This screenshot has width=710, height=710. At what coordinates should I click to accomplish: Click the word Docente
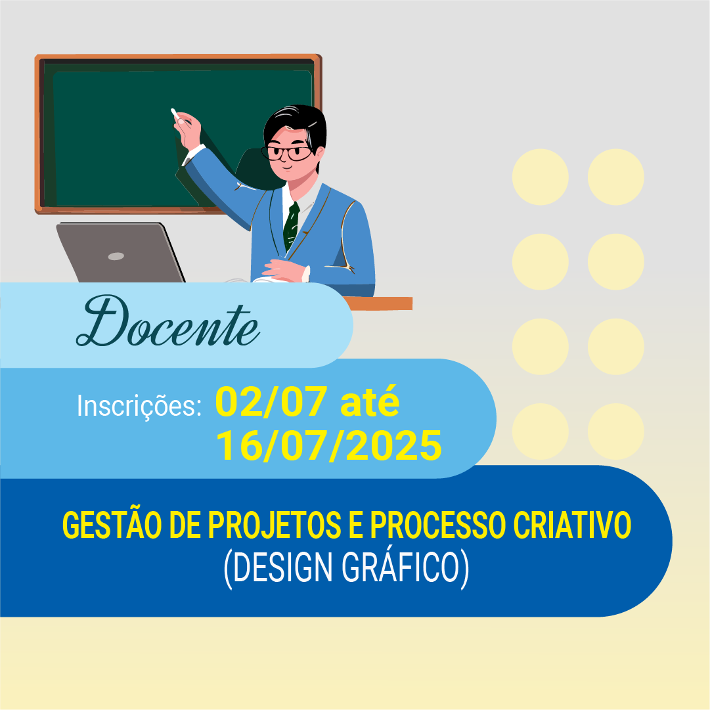[x=168, y=321]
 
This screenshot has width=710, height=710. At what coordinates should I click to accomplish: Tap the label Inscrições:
[x=139, y=405]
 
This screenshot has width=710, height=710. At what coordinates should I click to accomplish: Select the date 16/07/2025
[x=329, y=446]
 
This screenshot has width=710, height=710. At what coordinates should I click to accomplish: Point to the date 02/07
[x=271, y=402]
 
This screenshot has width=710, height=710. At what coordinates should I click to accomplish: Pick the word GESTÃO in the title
[x=112, y=525]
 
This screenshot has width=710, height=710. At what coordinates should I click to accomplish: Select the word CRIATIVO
[x=572, y=525]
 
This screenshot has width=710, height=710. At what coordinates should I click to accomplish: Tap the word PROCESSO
[x=438, y=525]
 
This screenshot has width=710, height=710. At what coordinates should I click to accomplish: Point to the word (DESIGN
[x=278, y=568]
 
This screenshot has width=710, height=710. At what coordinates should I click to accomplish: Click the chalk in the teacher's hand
[x=174, y=113]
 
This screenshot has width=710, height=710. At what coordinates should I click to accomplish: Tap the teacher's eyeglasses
[x=287, y=153]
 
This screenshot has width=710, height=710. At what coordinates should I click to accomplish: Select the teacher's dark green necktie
[x=291, y=225]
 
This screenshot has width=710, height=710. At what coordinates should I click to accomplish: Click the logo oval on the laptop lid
[x=116, y=256]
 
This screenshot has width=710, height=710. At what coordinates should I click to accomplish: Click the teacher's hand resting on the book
[x=284, y=270]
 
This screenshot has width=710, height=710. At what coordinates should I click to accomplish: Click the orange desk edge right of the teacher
[x=378, y=303]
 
